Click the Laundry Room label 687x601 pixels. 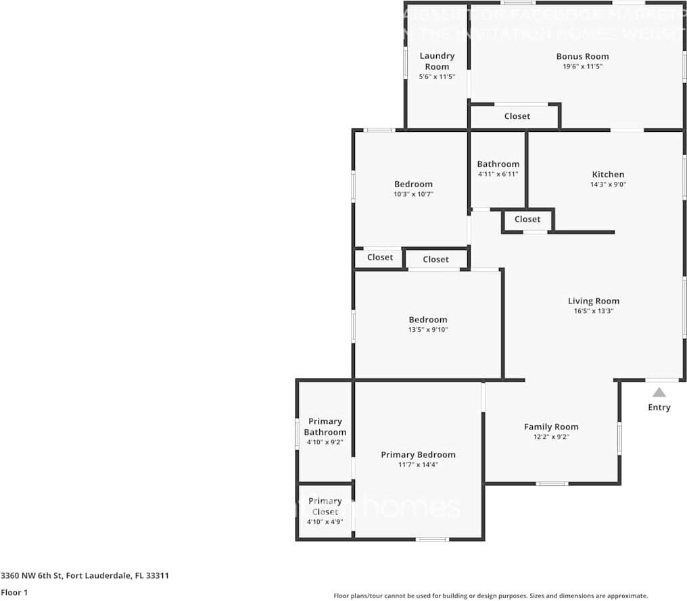point(437,61)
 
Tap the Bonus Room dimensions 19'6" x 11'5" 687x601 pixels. point(582,67)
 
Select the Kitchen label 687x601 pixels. point(608,174)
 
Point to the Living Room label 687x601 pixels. point(593,301)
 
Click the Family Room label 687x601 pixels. point(551,427)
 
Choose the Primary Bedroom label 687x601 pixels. point(418,454)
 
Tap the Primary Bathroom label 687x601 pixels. point(325,427)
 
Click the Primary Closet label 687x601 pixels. point(325,506)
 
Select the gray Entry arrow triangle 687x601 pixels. point(659,392)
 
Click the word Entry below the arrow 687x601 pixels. point(659,407)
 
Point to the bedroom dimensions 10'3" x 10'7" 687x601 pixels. point(413,194)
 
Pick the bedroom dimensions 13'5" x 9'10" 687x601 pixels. point(427,330)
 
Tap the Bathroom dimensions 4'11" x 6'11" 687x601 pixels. point(498,174)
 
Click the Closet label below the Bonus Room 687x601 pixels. point(517,116)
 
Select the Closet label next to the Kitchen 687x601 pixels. point(527,219)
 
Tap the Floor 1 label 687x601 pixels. point(14,592)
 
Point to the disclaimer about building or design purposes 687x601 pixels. point(491,596)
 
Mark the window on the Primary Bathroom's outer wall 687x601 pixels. point(297,433)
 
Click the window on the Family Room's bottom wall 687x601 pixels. point(552,483)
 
